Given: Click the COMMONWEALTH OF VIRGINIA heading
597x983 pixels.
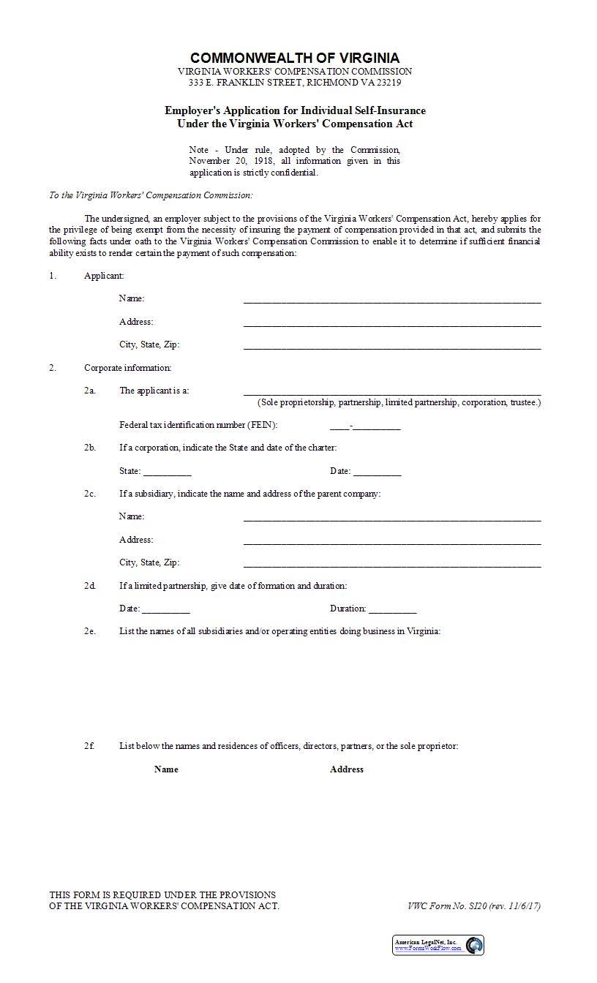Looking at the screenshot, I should point(295,58).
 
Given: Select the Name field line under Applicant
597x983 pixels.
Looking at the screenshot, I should point(392,299).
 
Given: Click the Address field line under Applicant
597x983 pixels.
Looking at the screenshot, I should point(392,323).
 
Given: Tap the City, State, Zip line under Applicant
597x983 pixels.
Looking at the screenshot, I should point(392,346).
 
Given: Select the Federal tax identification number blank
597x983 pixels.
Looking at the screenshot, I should point(365,426).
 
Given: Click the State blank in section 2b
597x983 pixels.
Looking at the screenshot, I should point(167,472).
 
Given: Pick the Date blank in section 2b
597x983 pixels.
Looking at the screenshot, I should point(377,472).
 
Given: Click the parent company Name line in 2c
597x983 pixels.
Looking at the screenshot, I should point(392,518).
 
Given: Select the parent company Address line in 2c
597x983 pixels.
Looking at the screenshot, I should point(392,541).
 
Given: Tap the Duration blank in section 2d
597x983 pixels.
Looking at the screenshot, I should point(393,609).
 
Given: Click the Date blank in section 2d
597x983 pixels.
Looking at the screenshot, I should point(166,609).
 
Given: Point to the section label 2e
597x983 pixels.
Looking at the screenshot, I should point(89,631).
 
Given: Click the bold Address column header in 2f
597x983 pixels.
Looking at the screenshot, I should point(347,769).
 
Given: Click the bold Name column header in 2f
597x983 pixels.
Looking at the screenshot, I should point(166,769).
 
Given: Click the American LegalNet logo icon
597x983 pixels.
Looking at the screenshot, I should point(475,945).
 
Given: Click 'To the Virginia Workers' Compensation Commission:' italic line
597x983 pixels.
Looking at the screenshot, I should point(151,195).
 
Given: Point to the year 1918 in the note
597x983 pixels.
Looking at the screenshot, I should point(263,161).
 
